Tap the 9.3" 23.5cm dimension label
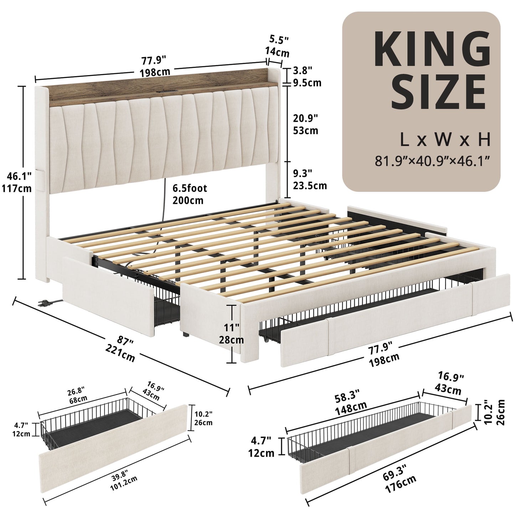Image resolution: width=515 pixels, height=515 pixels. click(309, 179)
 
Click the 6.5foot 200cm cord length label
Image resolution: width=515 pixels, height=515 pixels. click(189, 194)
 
